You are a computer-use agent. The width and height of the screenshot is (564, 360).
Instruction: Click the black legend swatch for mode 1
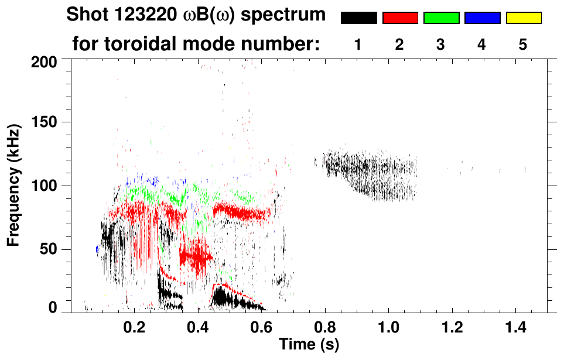click(x=358, y=18)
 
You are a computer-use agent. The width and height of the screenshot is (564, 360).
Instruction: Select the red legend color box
click(x=400, y=18)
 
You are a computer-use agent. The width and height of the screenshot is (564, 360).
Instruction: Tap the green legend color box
click(x=441, y=18)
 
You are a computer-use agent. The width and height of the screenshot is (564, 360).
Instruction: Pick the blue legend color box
click(x=482, y=18)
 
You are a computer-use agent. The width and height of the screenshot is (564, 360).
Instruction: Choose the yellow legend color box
click(x=523, y=18)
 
